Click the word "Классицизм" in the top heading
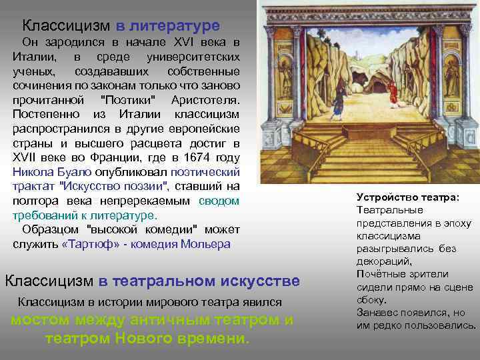[x=66, y=26]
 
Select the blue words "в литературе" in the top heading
[x=168, y=26]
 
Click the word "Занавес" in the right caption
[x=379, y=313]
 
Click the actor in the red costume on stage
[x=393, y=93]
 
